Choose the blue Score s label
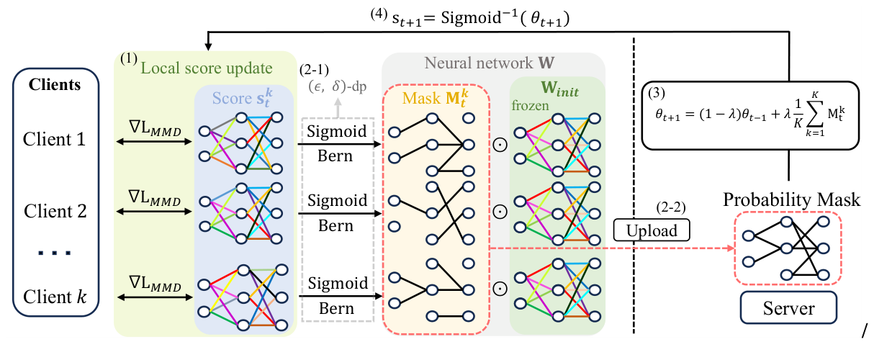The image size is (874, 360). pyautogui.click(x=241, y=96)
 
